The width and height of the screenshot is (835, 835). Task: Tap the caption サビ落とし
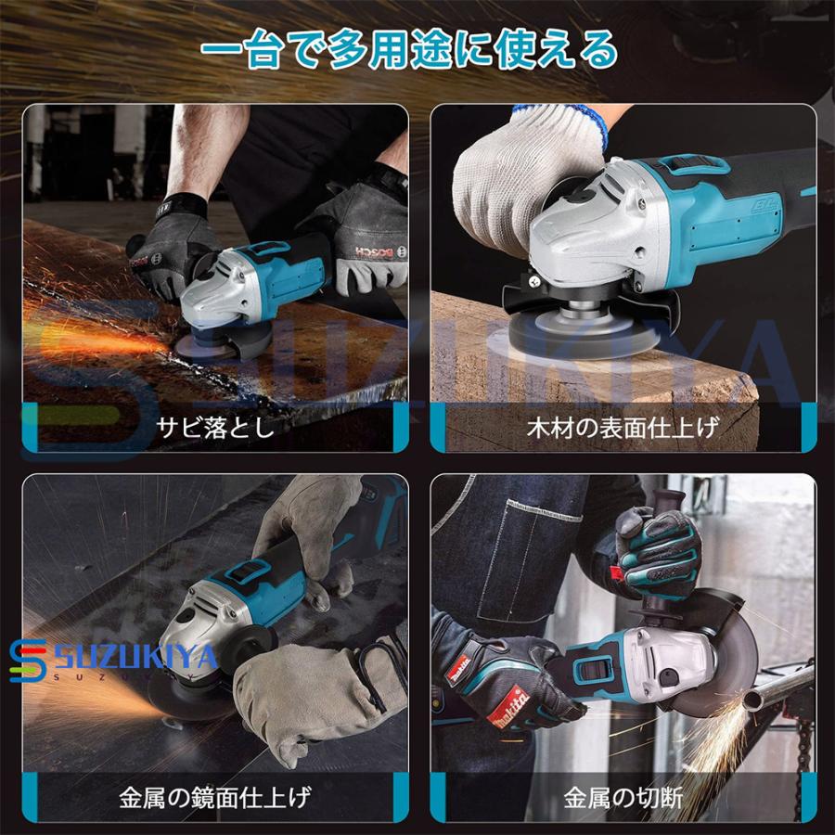click(x=215, y=428)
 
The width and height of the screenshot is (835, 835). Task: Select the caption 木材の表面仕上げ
click(x=623, y=428)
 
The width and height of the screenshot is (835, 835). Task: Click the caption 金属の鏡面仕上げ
click(x=215, y=797)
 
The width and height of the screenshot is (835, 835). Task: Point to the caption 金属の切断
click(x=623, y=797)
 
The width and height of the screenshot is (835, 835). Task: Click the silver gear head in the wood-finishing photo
click(x=594, y=241)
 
